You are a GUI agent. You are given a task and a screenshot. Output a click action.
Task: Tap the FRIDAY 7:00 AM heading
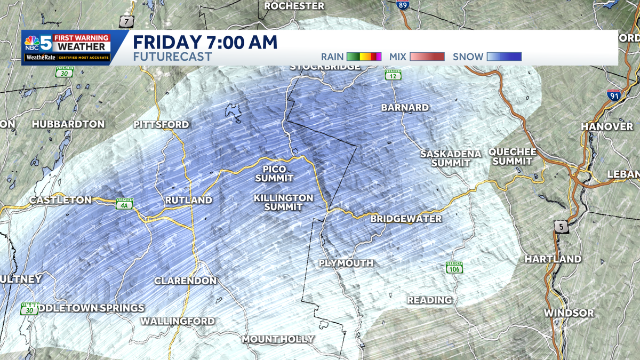(205, 42)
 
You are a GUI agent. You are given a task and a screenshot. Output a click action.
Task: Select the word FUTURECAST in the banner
(172, 57)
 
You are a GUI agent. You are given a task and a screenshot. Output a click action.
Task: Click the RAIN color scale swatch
(364, 57)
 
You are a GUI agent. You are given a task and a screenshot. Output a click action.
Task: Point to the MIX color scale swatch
(427, 57)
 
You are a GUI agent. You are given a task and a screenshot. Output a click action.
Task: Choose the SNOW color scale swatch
(504, 57)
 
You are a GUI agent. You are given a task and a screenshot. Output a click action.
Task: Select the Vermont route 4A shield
(124, 204)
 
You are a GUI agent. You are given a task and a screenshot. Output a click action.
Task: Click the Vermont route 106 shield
(454, 267)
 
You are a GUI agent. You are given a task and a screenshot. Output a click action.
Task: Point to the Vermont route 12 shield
(393, 75)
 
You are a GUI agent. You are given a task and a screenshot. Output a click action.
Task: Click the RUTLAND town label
(188, 201)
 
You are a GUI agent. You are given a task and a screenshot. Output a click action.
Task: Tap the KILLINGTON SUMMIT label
(283, 202)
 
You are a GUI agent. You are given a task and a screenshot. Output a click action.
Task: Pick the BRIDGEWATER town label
(406, 219)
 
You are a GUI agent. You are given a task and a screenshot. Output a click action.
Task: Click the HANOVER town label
(606, 126)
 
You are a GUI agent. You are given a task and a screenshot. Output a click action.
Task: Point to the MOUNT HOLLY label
(278, 339)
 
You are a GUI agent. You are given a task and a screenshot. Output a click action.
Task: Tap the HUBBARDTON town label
(68, 124)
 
